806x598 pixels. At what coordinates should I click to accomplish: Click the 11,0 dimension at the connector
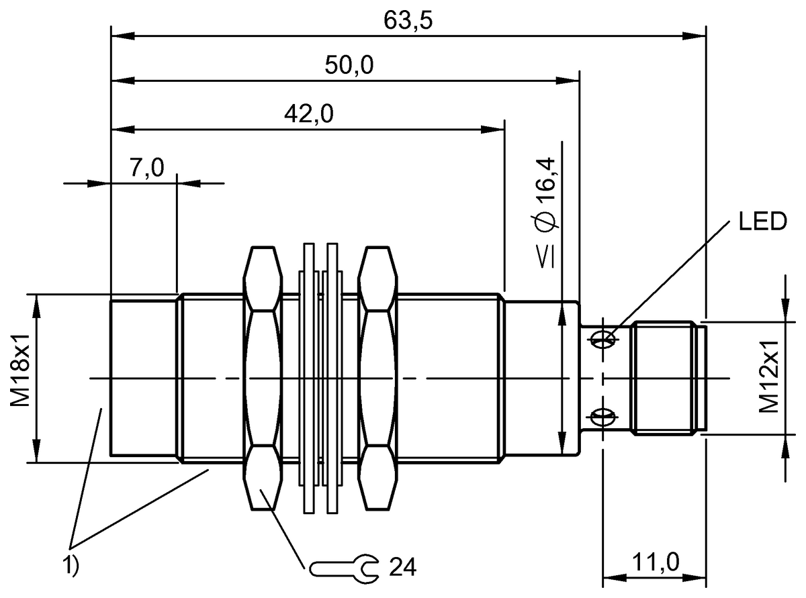tap(654, 562)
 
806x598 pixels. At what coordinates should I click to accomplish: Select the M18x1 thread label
tap(18, 378)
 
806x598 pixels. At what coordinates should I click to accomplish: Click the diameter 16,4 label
tap(545, 191)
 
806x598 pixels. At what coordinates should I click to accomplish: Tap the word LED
tap(762, 221)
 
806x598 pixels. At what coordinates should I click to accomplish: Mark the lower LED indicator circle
tap(604, 417)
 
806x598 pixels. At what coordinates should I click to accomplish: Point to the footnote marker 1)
tap(72, 565)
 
